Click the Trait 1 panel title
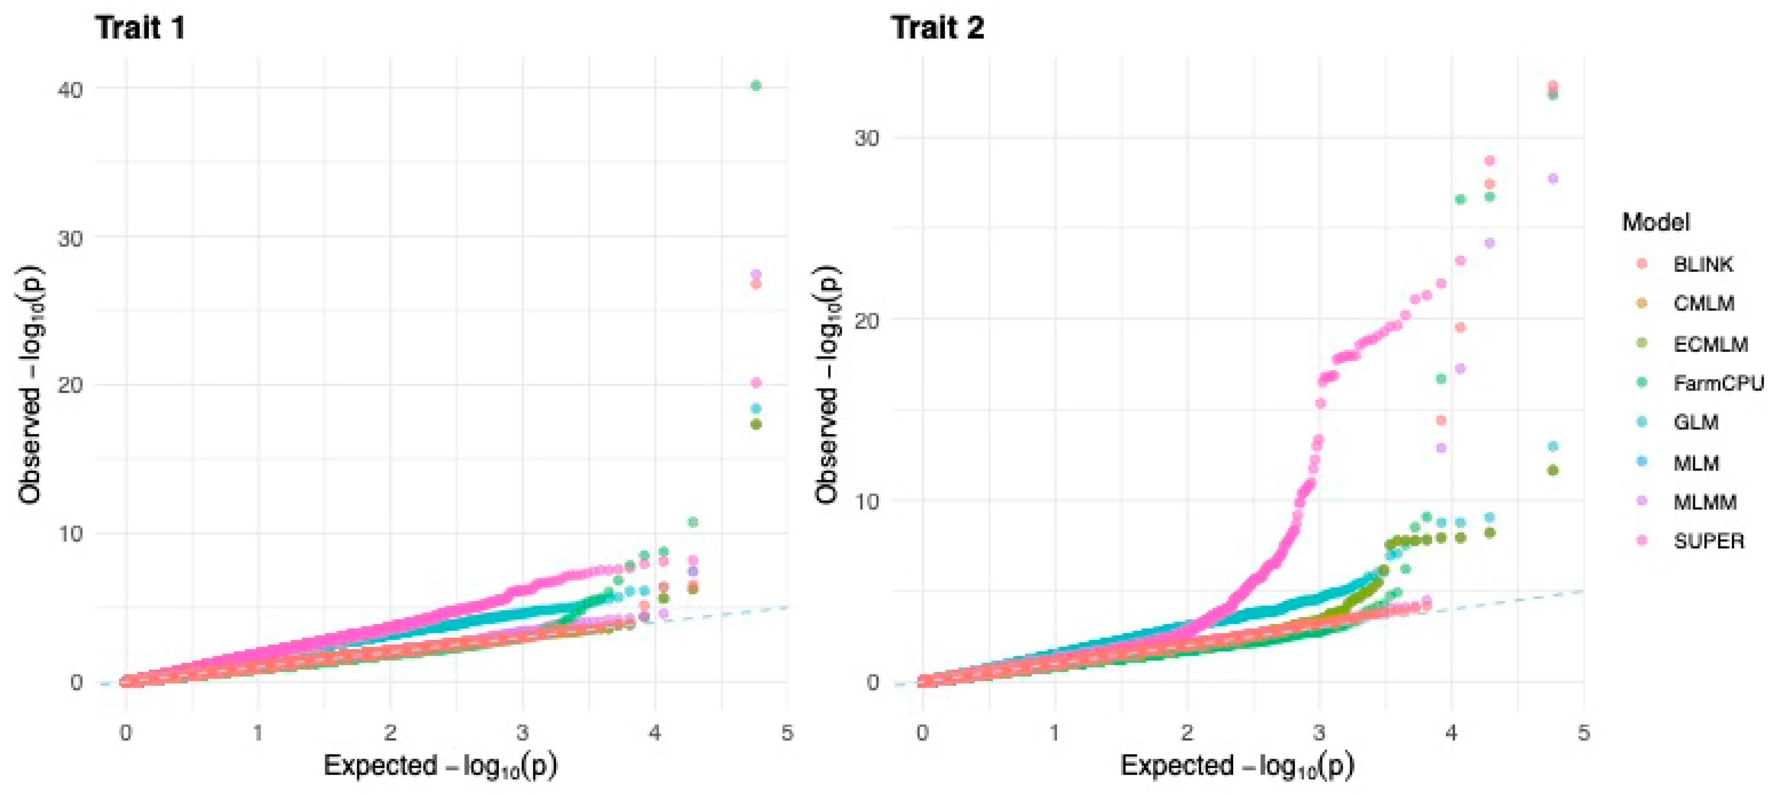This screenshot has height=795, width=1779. tap(140, 28)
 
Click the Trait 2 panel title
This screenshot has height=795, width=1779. tap(937, 28)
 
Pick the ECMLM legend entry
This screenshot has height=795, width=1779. tap(1710, 343)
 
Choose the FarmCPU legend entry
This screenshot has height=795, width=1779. tap(1718, 383)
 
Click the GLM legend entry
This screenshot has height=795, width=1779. tap(1696, 422)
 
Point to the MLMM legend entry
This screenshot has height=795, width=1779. tap(1704, 502)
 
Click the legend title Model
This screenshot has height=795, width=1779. tap(1655, 222)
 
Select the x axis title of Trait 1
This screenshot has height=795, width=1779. tap(440, 766)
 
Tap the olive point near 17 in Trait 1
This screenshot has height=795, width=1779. tap(756, 424)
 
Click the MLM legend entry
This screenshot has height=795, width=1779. tap(1696, 463)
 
